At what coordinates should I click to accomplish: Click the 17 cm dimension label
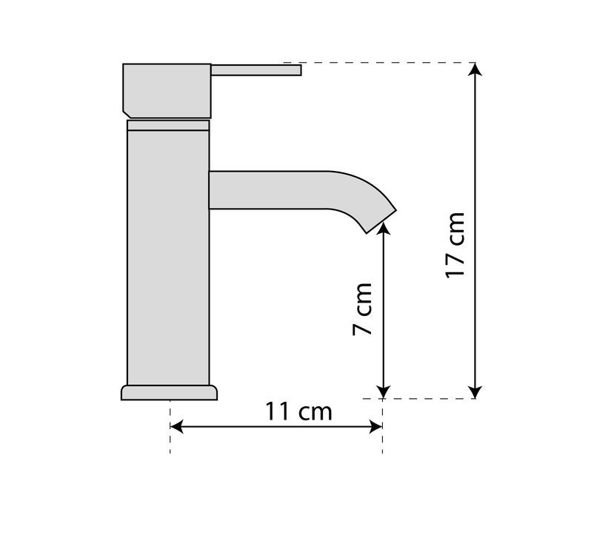455,245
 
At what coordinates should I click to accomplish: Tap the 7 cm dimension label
362,309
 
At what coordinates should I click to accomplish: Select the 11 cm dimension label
298,411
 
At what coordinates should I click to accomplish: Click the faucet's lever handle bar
256,70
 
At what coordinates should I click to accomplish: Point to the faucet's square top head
167,91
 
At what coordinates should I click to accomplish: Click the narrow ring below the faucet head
168,125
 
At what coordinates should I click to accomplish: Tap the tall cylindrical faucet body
168,258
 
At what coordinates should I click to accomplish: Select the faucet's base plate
169,393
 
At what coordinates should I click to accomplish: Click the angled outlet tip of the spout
381,222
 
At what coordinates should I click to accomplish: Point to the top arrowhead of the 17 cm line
475,69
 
